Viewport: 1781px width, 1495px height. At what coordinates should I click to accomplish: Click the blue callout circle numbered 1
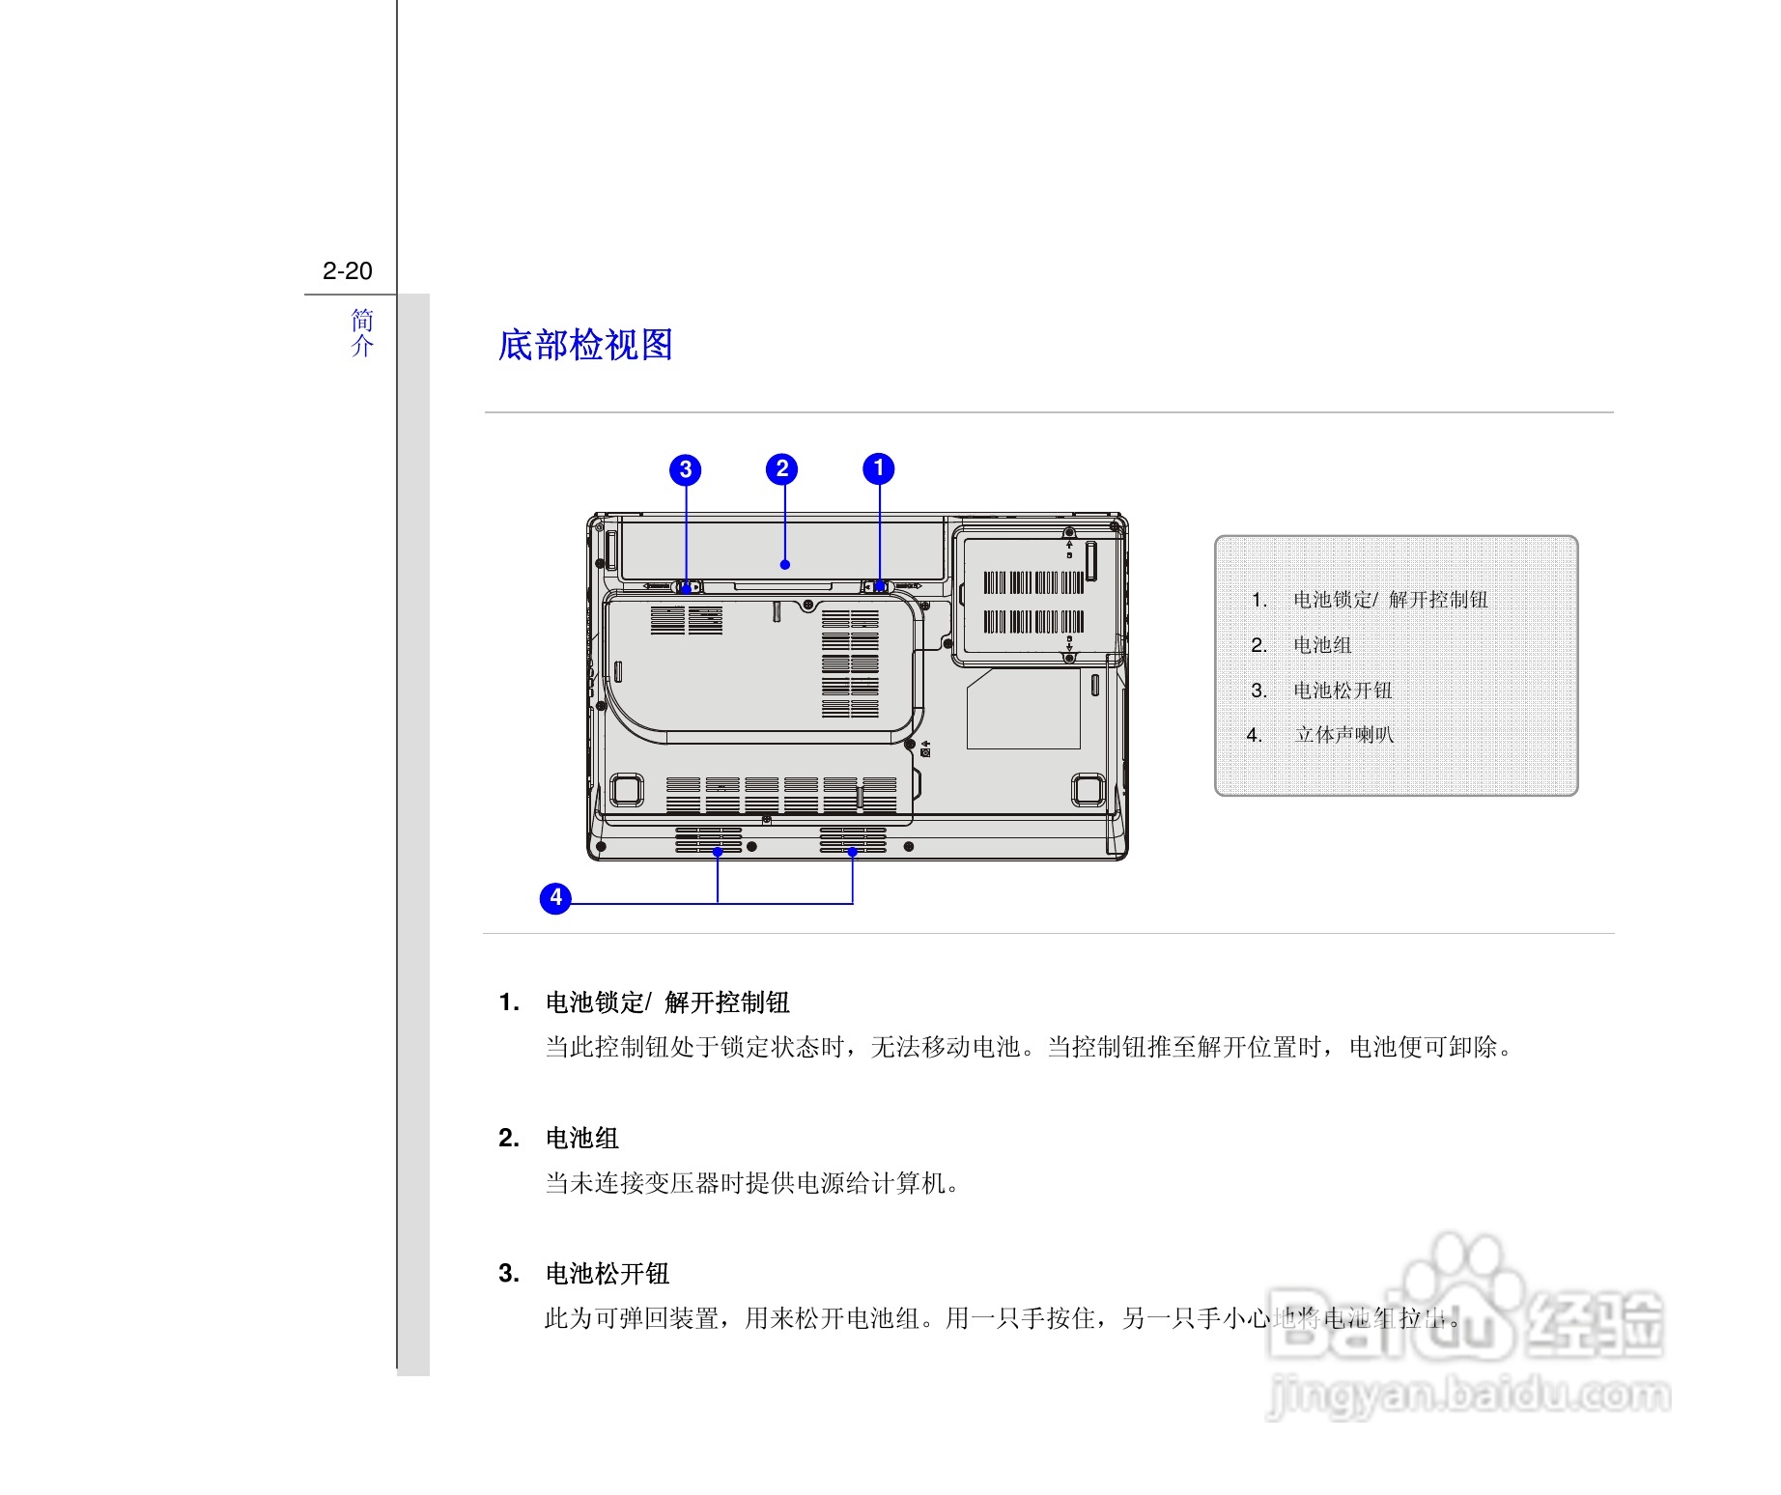879,468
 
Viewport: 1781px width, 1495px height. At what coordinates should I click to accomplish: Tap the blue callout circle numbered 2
782,469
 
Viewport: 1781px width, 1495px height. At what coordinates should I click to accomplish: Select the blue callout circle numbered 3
686,469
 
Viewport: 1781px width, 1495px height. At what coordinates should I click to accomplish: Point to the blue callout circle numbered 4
555,898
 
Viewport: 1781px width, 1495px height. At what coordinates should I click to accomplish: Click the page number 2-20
348,271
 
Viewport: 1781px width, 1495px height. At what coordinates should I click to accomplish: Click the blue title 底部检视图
585,345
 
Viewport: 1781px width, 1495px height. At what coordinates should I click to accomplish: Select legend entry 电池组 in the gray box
1322,645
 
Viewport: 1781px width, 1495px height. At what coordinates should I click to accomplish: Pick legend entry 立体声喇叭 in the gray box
1343,735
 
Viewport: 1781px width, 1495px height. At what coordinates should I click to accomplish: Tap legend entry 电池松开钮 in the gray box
1343,691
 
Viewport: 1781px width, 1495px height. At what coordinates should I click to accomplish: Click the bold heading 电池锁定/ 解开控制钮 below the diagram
667,1002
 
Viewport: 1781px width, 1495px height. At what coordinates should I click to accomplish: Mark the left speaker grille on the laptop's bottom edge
709,840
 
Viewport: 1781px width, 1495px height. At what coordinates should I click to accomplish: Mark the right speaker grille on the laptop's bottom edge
853,840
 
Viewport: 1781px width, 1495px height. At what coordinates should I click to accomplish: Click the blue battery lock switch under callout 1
880,586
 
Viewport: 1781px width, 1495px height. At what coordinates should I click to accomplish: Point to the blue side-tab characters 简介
362,332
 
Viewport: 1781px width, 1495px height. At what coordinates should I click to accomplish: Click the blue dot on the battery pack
785,565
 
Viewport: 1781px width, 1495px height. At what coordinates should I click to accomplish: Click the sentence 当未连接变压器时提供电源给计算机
751,1183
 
